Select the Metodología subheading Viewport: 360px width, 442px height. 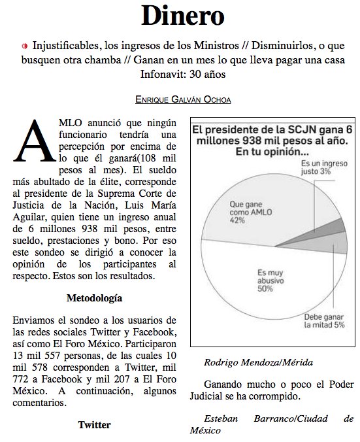click(94, 298)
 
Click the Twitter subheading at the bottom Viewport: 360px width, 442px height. click(94, 425)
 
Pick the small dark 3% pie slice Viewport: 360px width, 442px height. click(337, 226)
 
